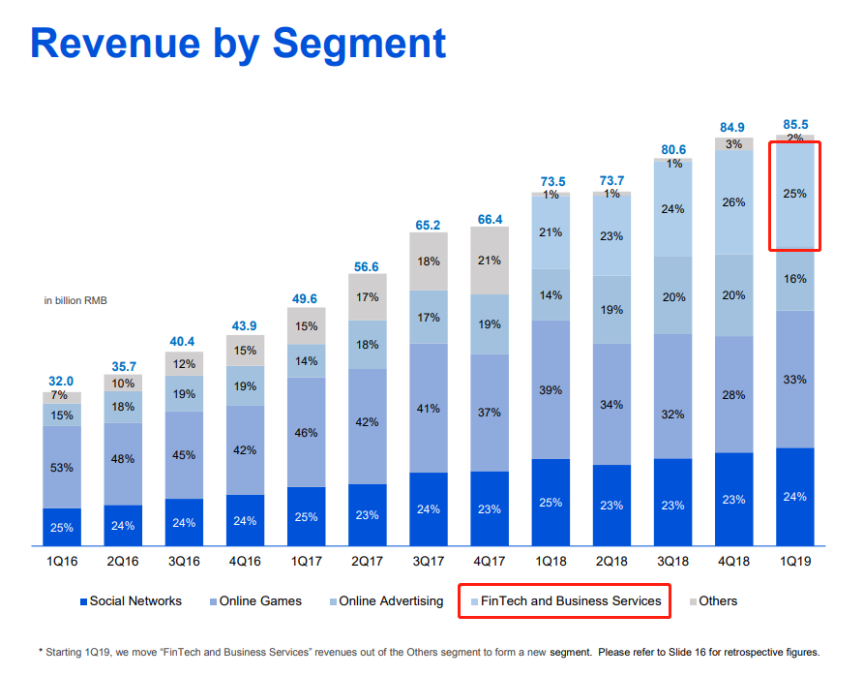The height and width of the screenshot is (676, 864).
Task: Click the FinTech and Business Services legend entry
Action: click(x=570, y=601)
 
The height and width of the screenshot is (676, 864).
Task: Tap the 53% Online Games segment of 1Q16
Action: click(x=61, y=468)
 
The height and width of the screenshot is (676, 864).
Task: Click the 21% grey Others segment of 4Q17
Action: click(x=490, y=261)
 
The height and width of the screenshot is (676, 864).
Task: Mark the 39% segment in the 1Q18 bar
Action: click(x=551, y=389)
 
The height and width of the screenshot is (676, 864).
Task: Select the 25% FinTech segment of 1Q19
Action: click(x=794, y=195)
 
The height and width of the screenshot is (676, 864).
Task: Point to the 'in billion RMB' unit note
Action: click(x=75, y=301)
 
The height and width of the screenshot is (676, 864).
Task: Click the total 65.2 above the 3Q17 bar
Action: click(x=429, y=225)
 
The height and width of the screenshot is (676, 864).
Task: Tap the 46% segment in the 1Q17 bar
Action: click(x=307, y=432)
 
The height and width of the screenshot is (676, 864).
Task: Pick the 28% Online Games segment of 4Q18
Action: click(x=733, y=394)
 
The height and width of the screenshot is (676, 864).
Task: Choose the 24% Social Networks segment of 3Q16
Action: click(x=184, y=523)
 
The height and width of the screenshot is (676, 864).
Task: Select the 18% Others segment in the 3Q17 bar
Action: click(x=429, y=261)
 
